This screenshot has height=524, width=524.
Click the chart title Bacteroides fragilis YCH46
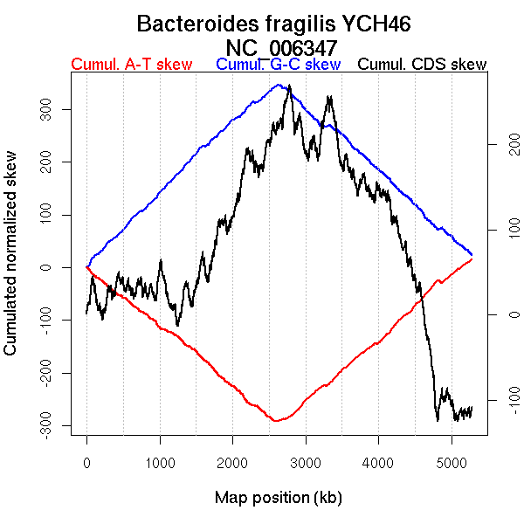[x=274, y=24]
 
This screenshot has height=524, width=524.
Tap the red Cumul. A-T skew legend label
[x=131, y=65]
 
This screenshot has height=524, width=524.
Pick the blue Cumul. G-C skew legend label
[x=278, y=65]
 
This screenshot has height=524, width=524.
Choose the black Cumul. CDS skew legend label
[x=423, y=65]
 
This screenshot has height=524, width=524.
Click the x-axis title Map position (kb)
[x=278, y=498]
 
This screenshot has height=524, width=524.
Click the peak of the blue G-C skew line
[x=279, y=85]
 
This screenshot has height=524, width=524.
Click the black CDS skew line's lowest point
[x=438, y=421]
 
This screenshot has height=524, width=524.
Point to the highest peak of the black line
[x=289, y=86]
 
